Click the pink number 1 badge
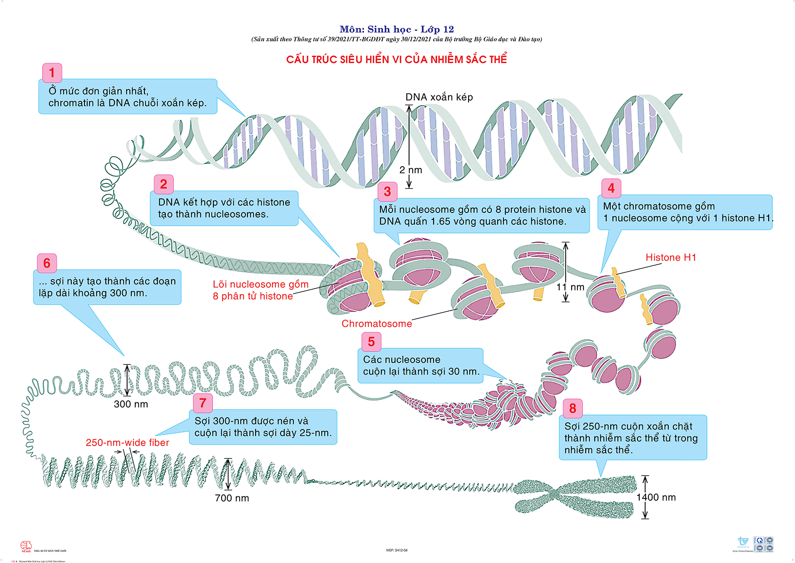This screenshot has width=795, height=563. pyautogui.click(x=52, y=73)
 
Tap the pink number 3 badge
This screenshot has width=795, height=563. pyautogui.click(x=387, y=192)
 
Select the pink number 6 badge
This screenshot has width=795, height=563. pyautogui.click(x=47, y=263)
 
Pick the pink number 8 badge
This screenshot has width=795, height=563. pyautogui.click(x=573, y=409)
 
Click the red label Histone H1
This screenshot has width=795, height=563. pyautogui.click(x=671, y=257)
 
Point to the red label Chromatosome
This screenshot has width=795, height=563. pyautogui.click(x=377, y=324)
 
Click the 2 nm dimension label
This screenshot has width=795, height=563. pyautogui.click(x=411, y=170)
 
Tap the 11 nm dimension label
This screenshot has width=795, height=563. pyautogui.click(x=570, y=287)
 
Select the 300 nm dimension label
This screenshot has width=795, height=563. pyautogui.click(x=131, y=404)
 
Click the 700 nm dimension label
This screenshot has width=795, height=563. pyautogui.click(x=232, y=498)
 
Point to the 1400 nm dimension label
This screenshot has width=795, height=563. pyautogui.click(x=656, y=498)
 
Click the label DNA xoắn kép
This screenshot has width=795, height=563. pyautogui.click(x=439, y=97)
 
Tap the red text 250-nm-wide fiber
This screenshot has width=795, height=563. pyautogui.click(x=127, y=443)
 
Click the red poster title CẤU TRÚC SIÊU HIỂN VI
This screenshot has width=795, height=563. pyautogui.click(x=396, y=59)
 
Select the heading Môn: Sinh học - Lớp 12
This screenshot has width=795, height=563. pyautogui.click(x=396, y=30)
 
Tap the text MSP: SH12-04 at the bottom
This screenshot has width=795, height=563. pyautogui.click(x=397, y=550)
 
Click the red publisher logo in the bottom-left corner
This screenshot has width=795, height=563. pyautogui.click(x=26, y=546)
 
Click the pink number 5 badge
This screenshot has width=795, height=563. pyautogui.click(x=371, y=342)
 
